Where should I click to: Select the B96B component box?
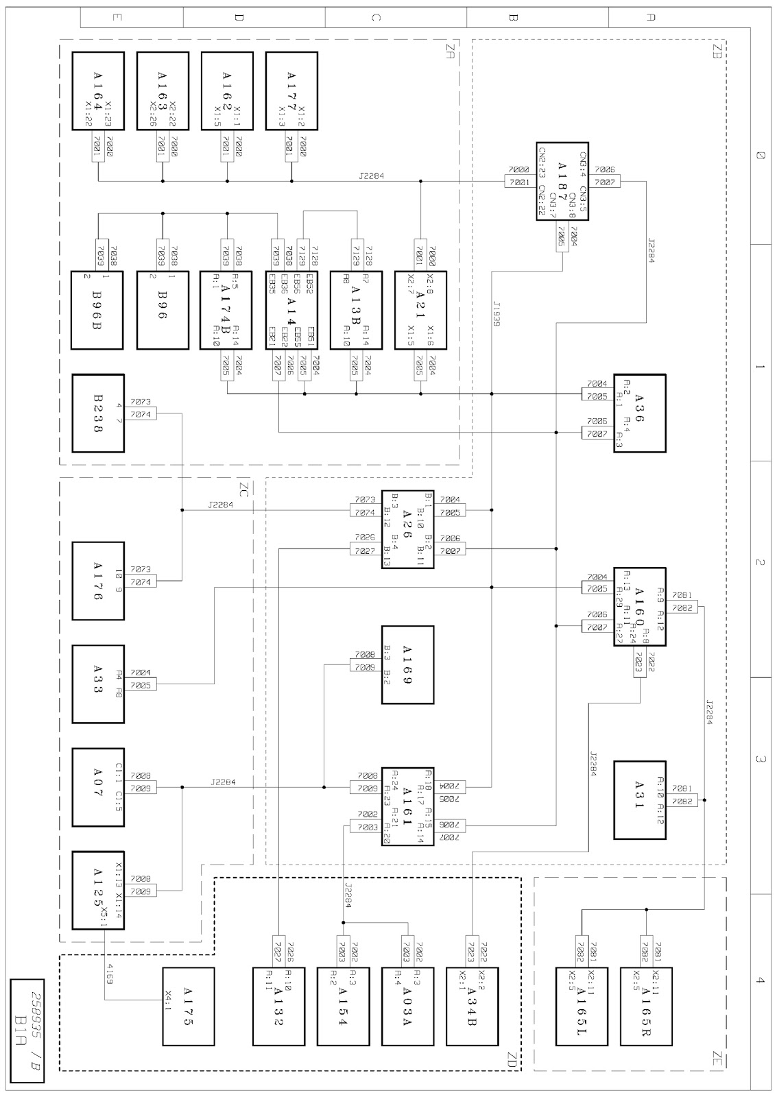click(99, 311)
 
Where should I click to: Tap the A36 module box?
click(640, 413)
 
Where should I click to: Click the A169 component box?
click(408, 665)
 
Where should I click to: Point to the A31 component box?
click(640, 799)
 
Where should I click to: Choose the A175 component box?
click(188, 1006)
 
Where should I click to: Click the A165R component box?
click(646, 1006)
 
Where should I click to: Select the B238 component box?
click(99, 413)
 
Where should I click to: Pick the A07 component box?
click(99, 787)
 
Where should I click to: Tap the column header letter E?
click(117, 18)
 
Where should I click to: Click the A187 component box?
click(562, 181)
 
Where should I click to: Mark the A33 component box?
click(99, 684)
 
